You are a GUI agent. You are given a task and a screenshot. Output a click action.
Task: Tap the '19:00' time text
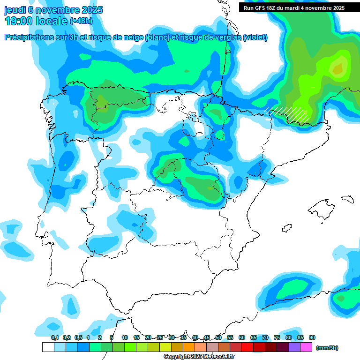coord(19,21)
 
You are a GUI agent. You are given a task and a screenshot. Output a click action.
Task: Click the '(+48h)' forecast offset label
coord(81,21)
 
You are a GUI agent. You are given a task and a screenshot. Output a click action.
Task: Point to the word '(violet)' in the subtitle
coord(255,37)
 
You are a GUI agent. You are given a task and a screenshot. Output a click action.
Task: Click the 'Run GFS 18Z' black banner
coord(294,8)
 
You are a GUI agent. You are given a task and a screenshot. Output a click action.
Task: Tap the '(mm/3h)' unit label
coord(327,348)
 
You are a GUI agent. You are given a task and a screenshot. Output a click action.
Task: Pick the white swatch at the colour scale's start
coord(48,347)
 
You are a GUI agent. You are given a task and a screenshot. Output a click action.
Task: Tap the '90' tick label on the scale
coord(312,337)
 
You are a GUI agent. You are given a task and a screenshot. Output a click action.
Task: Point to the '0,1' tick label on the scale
coord(54,337)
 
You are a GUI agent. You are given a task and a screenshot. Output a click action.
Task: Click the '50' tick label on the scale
coord(218,337)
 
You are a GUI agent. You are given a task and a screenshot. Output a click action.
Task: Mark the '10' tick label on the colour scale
coord(125,337)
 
